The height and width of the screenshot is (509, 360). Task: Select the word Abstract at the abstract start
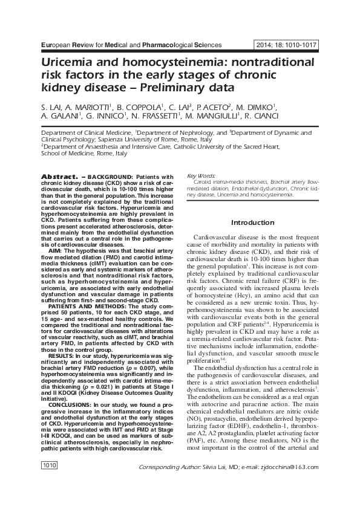coord(57,176)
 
